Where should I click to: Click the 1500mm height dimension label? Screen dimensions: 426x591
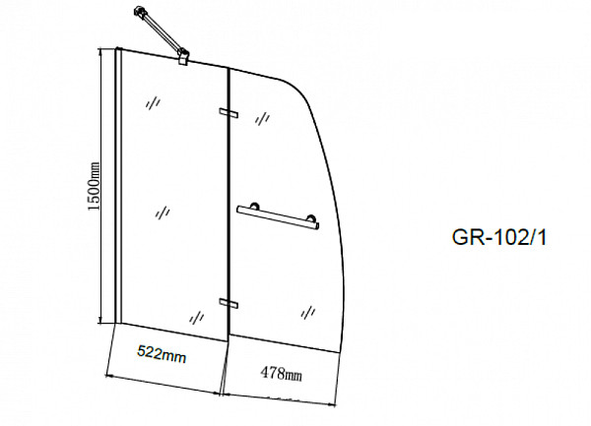click(x=95, y=188)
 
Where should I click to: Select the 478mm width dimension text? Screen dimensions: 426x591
click(x=280, y=374)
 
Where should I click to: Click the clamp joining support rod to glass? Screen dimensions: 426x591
click(x=184, y=60)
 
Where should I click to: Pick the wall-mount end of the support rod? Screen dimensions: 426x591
click(x=135, y=13)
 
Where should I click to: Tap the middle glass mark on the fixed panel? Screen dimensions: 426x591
click(x=164, y=212)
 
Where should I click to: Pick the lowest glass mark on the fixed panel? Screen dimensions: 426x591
click(x=197, y=316)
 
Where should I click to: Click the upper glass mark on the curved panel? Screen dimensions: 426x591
click(x=263, y=118)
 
